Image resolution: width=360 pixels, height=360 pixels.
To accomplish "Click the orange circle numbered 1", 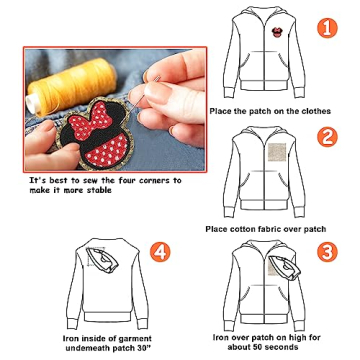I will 326,28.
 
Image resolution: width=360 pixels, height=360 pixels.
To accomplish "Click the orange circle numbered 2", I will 326,137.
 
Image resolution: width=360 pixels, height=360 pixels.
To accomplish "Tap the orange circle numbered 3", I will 326,252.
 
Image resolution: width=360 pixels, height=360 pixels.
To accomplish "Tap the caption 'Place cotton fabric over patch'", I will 266,229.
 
